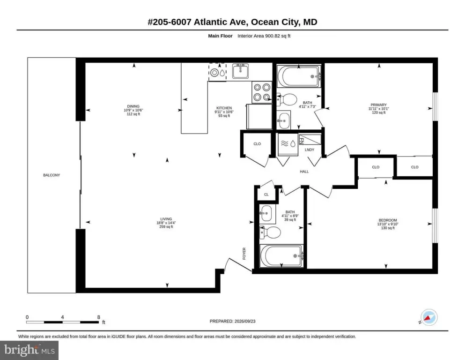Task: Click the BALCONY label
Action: pos(52,175)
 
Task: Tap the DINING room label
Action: pos(133,106)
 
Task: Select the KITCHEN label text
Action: pos(224,108)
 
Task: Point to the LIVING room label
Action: pos(166,219)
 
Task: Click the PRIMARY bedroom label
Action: pos(379,105)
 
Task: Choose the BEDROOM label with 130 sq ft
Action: pos(388,220)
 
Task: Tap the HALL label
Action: pos(304,172)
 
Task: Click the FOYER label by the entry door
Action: pos(244,254)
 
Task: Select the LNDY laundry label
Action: pos(310,150)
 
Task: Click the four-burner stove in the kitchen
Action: pos(262,92)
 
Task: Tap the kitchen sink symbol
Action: pos(240,71)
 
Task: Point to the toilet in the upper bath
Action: pos(287,99)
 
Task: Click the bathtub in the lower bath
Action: pos(281,256)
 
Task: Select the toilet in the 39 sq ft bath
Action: pos(270,232)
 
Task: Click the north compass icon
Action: pos(429,318)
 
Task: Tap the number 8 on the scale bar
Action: pos(99,317)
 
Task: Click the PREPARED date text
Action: pos(232,321)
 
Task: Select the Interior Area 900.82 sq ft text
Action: pos(264,36)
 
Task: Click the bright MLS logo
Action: pos(30,350)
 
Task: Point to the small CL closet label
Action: pos(266,195)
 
